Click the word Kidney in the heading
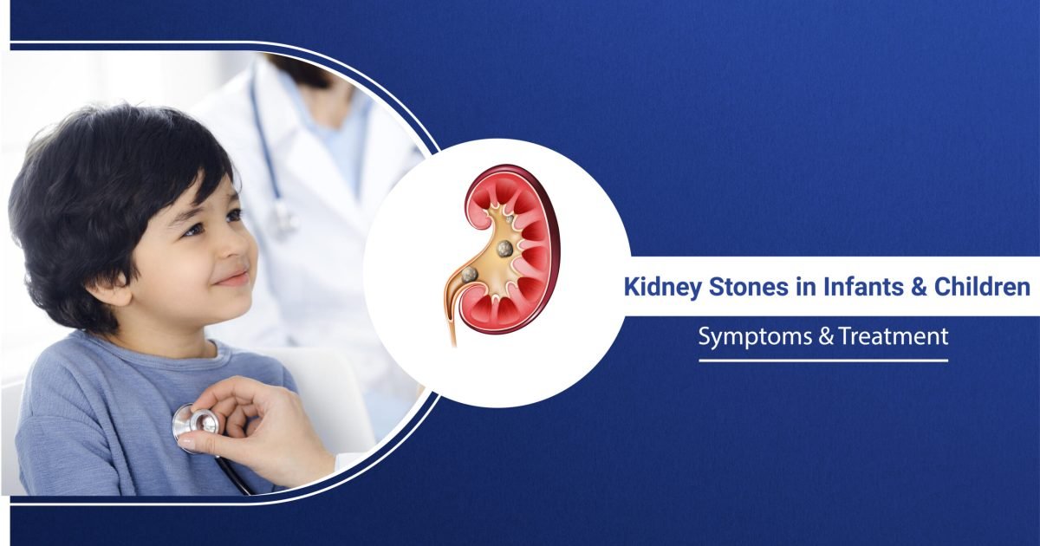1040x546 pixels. [659, 287]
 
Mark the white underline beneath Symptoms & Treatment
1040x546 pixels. [823, 360]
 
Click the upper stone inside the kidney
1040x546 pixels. [504, 249]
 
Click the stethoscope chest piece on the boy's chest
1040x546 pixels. [197, 423]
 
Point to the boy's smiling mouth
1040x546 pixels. [232, 279]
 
